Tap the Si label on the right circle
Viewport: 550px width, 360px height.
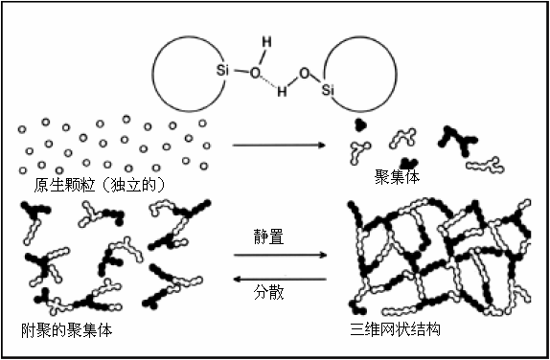point(330,90)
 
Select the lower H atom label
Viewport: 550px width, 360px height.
point(282,93)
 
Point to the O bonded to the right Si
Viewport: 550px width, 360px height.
point(303,73)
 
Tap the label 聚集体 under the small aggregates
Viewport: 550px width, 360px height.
point(398,177)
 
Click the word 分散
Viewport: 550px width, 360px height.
point(268,289)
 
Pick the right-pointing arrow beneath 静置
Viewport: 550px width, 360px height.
point(279,256)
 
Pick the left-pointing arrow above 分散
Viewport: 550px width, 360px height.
point(279,278)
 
